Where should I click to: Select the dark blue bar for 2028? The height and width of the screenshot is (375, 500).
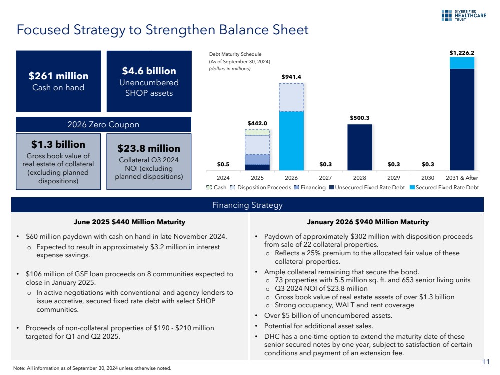[360, 147]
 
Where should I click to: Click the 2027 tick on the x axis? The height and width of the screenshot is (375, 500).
[325, 177]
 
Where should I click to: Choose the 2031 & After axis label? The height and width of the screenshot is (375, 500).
[462, 177]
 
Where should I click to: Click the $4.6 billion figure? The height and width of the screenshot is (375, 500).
[150, 71]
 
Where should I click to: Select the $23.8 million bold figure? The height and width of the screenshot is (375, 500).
[149, 149]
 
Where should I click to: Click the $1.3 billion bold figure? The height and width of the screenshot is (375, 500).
[58, 145]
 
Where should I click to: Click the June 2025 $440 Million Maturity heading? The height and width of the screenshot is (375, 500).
[129, 222]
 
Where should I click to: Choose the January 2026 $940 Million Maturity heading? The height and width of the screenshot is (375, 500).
[367, 222]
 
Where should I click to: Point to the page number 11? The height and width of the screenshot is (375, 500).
[485, 362]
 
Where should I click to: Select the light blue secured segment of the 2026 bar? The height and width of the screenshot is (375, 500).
[291, 140]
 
